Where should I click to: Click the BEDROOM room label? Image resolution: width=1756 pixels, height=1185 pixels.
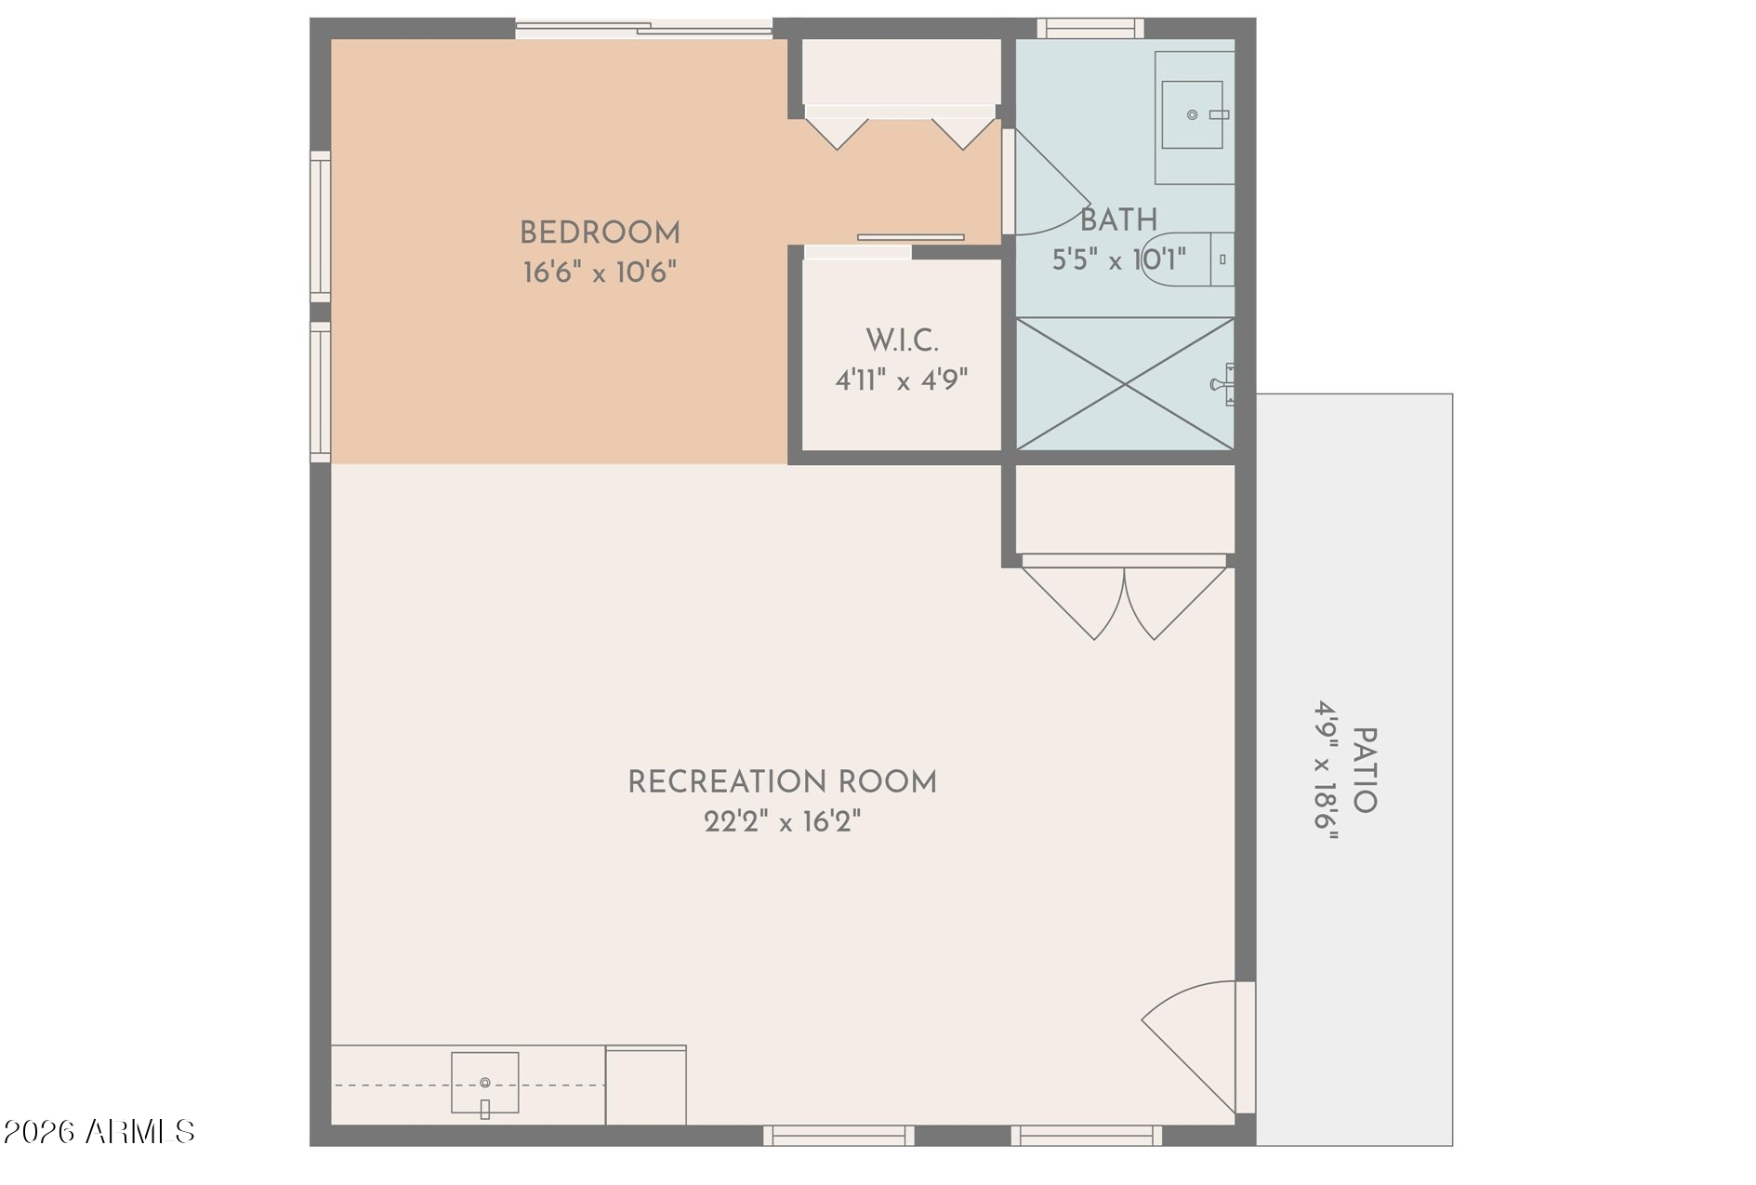coord(600,233)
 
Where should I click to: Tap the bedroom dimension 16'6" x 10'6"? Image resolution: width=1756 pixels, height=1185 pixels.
coord(600,273)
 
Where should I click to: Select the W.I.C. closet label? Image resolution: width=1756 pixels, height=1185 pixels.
coord(902,340)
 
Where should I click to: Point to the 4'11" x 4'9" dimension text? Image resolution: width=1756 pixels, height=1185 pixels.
coord(902,379)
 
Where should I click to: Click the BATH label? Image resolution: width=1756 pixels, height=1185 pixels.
coord(1118,220)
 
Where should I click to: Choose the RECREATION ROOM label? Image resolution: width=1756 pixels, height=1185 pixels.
coord(782,782)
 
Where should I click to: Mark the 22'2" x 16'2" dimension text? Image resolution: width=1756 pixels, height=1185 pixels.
coord(782,821)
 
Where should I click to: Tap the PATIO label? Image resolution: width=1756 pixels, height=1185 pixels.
coord(1364,770)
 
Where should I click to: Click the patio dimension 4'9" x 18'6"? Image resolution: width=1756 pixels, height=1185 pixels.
coord(1326,770)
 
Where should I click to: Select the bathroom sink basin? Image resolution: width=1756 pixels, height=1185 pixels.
coord(1192,114)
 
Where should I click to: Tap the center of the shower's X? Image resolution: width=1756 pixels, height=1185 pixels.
coord(1125,383)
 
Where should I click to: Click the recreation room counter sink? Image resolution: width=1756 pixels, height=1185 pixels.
coord(484,1083)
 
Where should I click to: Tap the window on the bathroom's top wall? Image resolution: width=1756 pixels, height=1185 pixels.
coord(1090,29)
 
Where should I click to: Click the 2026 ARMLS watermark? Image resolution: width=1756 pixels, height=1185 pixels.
coord(99,1132)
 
